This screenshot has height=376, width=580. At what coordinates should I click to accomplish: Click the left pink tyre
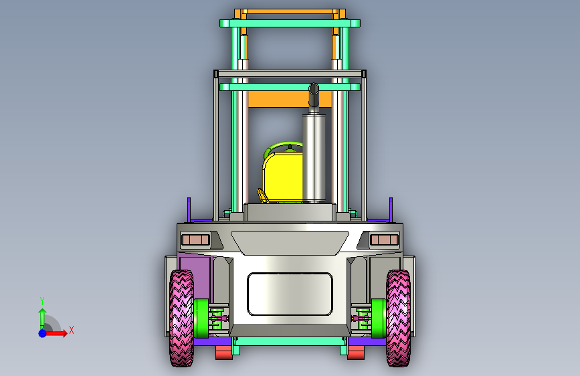pos(181,318)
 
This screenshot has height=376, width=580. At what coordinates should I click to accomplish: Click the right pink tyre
pos(398,318)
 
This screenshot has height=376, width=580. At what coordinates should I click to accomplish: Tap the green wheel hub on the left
pos(201,318)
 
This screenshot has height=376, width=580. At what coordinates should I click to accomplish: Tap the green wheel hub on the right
pos(379,318)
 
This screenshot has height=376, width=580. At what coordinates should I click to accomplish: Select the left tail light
pos(196,240)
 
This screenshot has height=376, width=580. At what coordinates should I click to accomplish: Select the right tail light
pos(384,240)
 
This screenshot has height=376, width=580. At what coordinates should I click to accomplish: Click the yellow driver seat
pos(283,177)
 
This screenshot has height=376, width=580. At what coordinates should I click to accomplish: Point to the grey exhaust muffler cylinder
pos(314,158)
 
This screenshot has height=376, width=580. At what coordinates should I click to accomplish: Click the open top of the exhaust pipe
pos(314,89)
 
